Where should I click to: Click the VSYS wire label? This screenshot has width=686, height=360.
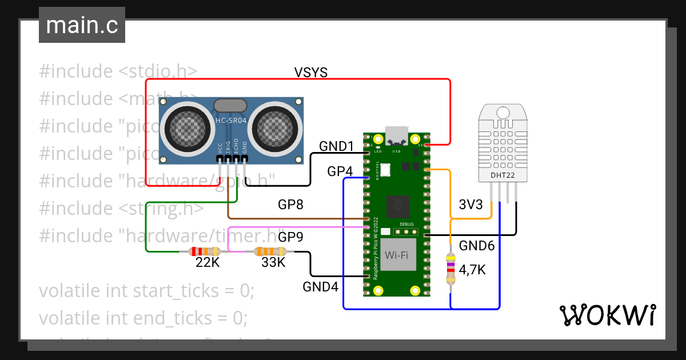[x=310, y=72]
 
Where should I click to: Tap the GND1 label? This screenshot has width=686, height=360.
[x=337, y=146]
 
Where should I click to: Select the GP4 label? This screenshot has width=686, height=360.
[x=340, y=171]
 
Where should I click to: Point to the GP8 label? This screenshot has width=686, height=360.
[x=290, y=205]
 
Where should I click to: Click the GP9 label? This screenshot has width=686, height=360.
[x=290, y=237]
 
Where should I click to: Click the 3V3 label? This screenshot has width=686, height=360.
[x=471, y=205]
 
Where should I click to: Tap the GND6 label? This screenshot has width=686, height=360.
[x=477, y=246]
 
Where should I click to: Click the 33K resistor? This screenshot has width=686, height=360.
[x=270, y=251]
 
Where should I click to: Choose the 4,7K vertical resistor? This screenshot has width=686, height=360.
[x=450, y=270]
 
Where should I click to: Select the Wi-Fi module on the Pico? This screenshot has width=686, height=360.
[x=400, y=254]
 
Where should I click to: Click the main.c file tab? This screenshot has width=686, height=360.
[x=82, y=26]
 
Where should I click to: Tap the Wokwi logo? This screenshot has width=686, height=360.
[x=607, y=315]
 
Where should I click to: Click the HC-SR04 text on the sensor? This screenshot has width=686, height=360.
[x=230, y=121]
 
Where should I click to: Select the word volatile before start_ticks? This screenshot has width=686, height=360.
[x=70, y=290]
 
